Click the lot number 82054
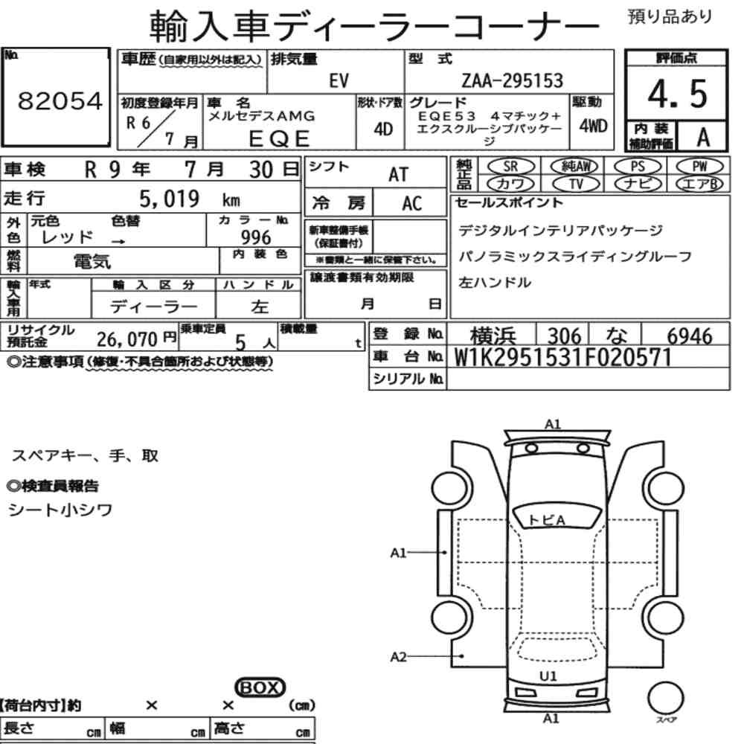click(x=60, y=100)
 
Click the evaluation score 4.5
click(x=677, y=94)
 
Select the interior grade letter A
click(x=703, y=138)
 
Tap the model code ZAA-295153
click(x=512, y=80)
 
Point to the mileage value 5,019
click(x=169, y=199)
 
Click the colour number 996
click(x=256, y=237)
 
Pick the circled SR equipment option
click(x=510, y=167)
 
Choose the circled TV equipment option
click(x=576, y=184)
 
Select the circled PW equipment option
click(x=700, y=167)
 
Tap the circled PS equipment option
click(x=638, y=167)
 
